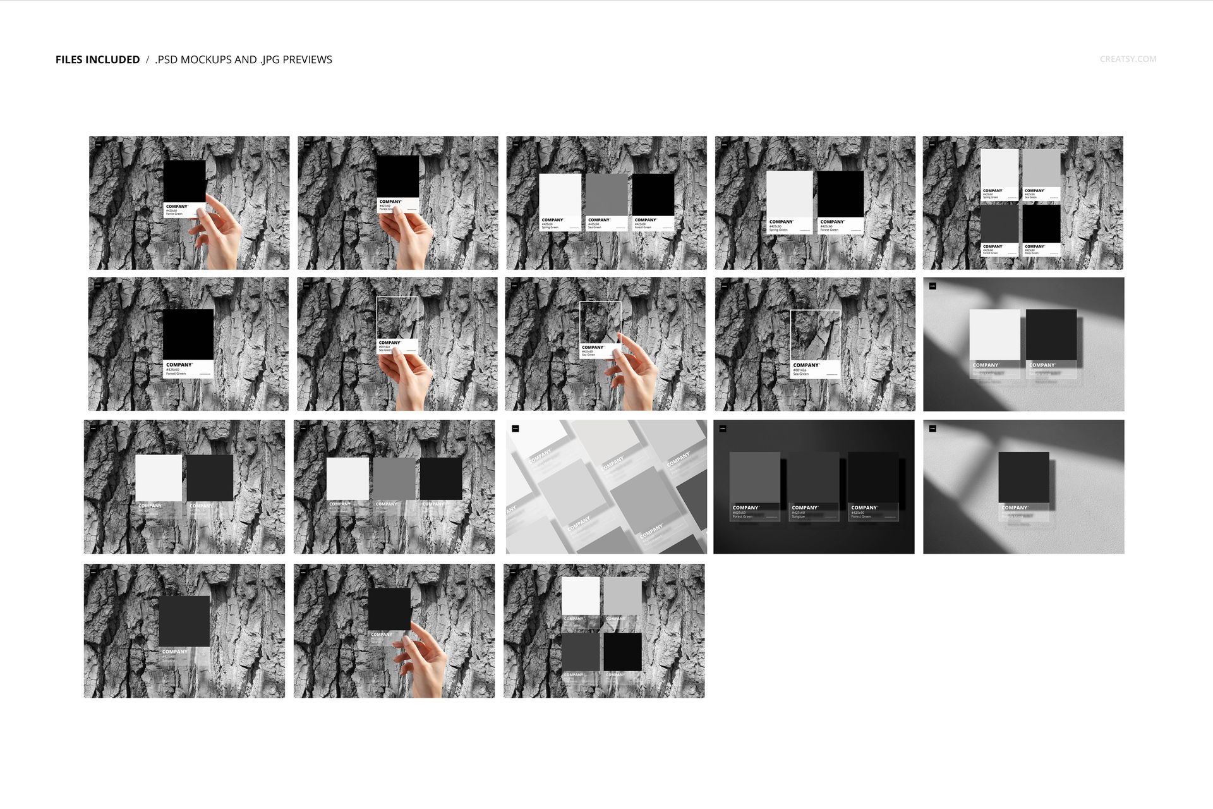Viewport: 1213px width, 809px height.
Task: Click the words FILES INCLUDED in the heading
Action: (97, 59)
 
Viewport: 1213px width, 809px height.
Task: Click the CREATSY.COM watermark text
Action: (1128, 59)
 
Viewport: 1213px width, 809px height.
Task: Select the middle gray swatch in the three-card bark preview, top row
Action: (606, 196)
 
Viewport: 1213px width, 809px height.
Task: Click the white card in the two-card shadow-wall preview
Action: (994, 335)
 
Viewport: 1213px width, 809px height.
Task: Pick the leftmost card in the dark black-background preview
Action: (754, 478)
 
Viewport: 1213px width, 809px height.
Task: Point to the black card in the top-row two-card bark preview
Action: (840, 194)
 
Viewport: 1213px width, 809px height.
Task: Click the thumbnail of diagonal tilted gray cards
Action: (606, 487)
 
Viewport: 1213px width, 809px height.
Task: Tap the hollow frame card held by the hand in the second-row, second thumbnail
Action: (397, 319)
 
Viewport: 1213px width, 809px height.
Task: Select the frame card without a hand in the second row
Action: (815, 336)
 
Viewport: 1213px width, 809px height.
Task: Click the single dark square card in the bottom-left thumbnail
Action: (184, 621)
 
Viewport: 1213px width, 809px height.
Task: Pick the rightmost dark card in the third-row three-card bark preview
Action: (440, 478)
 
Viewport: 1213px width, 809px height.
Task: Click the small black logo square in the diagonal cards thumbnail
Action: (515, 429)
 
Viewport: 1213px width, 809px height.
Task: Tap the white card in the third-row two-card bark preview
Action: (159, 478)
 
